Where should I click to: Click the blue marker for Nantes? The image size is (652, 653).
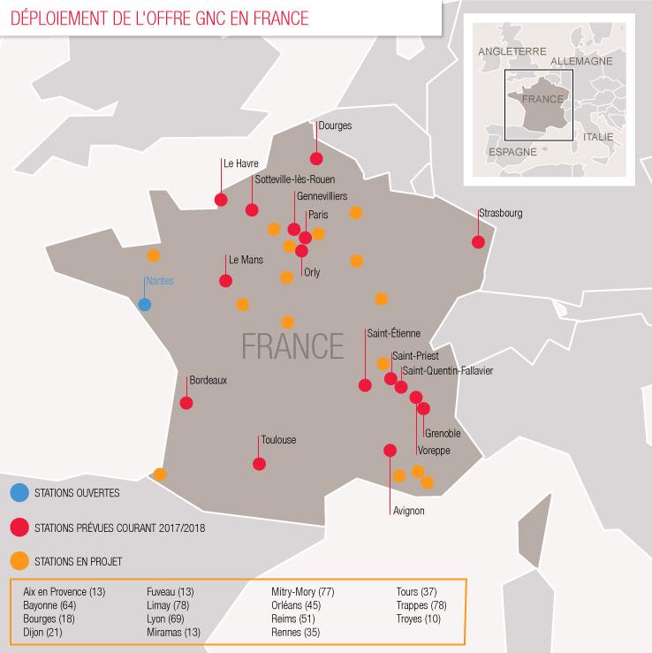point(144,305)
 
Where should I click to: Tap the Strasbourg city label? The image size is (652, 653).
point(501,213)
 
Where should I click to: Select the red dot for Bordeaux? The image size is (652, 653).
point(186,403)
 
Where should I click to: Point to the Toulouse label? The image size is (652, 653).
point(278,440)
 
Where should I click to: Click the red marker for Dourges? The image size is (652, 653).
point(315,158)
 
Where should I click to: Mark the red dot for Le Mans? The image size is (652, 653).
point(225,281)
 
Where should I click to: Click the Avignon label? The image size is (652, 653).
point(407,511)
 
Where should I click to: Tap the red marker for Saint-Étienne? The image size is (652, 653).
point(365,384)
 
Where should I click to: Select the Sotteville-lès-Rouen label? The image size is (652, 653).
point(294,179)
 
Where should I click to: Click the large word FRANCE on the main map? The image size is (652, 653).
point(292,344)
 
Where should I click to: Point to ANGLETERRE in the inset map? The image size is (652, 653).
point(512,52)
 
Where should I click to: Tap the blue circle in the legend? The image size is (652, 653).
point(19,494)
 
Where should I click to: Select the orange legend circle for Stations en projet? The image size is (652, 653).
point(19,560)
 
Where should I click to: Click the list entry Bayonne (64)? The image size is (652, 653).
point(50,605)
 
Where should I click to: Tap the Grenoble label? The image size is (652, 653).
point(443,433)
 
